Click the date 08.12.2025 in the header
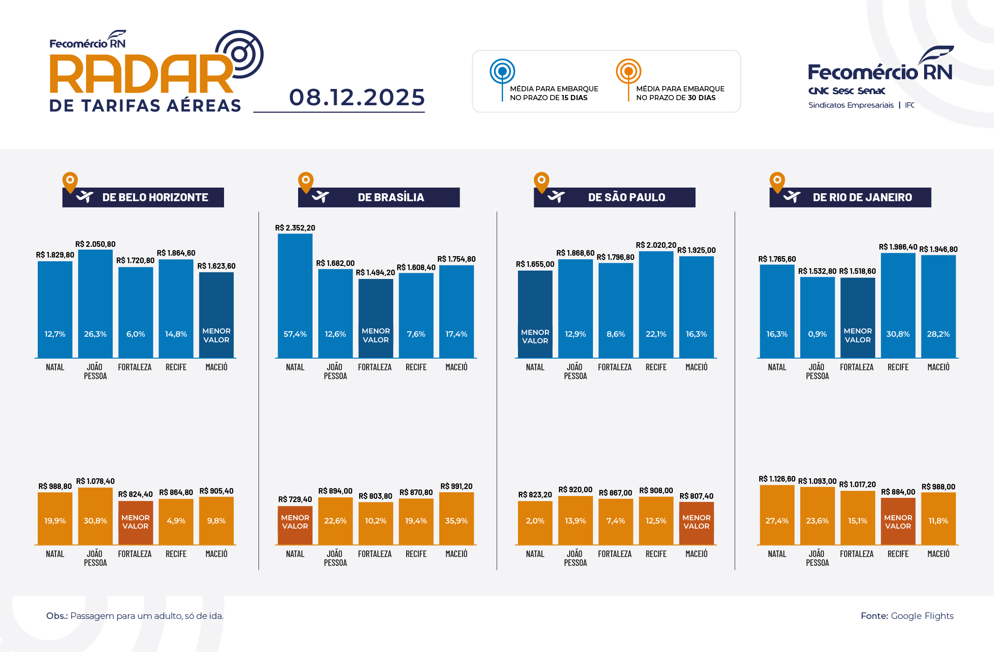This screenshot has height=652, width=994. tap(357, 97)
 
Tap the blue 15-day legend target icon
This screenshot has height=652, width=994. tap(502, 72)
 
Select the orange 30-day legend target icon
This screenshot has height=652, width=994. tap(628, 72)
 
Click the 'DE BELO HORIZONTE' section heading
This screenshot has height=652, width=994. tap(155, 197)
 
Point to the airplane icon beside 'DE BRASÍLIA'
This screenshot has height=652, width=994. tap(320, 197)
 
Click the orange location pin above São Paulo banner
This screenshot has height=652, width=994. tap(541, 182)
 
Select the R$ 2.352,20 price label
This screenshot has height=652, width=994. tap(295, 228)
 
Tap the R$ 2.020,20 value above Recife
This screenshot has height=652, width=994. tap(656, 245)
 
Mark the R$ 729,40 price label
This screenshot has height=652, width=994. tap(295, 499)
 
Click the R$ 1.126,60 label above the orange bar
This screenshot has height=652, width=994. tap(776, 479)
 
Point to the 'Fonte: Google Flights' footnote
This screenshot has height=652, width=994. tap(907, 616)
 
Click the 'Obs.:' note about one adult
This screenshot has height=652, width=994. tap(135, 616)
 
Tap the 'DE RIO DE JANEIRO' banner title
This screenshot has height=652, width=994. tap(862, 197)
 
